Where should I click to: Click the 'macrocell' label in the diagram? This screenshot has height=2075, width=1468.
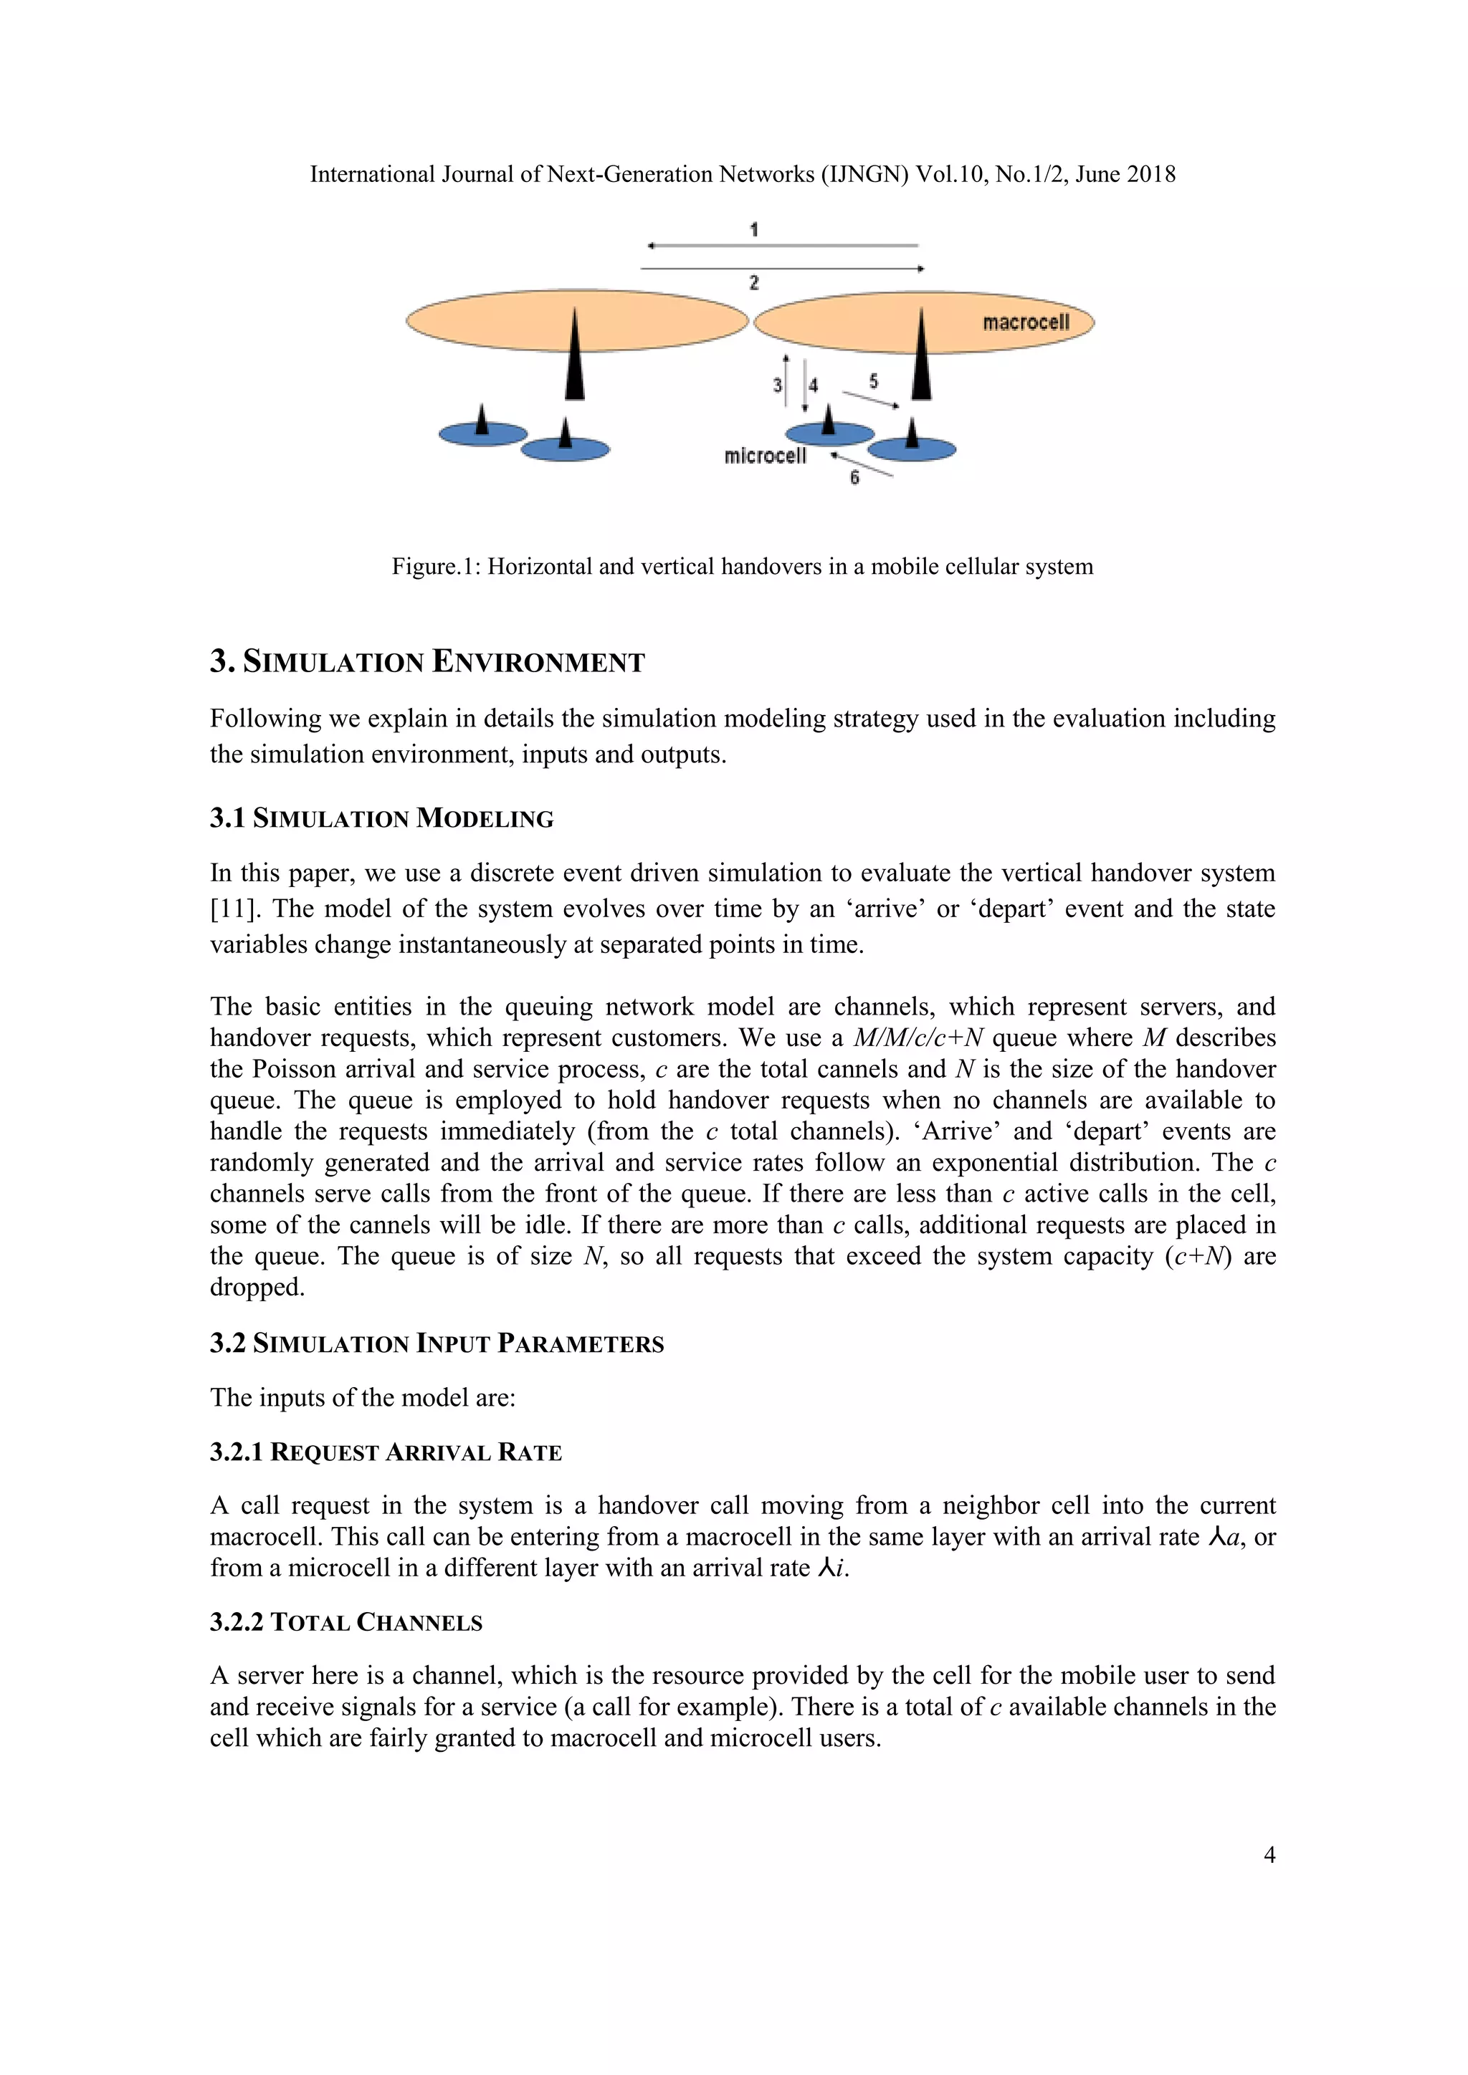[x=1025, y=322]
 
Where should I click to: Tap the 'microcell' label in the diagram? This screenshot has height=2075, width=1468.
[x=765, y=456]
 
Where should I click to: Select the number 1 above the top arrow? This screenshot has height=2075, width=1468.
[x=754, y=229]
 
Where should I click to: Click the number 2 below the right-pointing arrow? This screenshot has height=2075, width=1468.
[x=754, y=284]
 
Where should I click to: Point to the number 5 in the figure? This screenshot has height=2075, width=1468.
[x=873, y=381]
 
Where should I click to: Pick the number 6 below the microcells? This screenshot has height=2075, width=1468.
[x=854, y=478]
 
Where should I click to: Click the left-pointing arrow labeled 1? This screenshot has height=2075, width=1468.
[x=783, y=246]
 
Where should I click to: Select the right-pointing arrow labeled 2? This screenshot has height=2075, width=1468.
[x=783, y=269]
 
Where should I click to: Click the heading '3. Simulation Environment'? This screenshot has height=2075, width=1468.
[x=426, y=663]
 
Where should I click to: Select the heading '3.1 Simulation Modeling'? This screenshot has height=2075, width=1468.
[x=381, y=819]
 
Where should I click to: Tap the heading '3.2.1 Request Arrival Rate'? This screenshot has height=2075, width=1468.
[x=386, y=1452]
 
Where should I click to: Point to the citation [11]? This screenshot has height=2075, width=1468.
[x=232, y=909]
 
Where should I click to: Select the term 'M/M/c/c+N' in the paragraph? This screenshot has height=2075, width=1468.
[x=917, y=1037]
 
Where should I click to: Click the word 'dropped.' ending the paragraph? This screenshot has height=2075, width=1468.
[x=257, y=1288]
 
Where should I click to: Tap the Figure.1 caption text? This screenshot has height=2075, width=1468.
[x=741, y=567]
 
